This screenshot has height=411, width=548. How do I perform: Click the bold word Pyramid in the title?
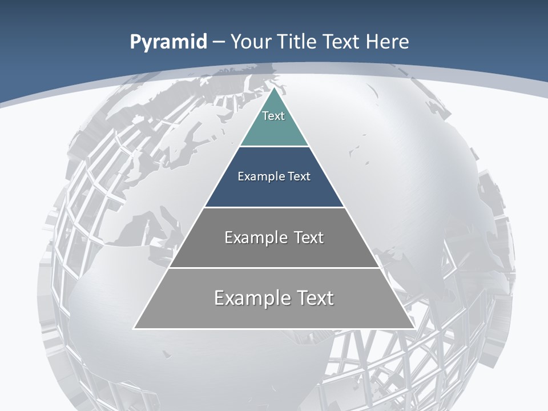click(168, 42)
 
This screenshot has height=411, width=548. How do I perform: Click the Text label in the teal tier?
click(273, 116)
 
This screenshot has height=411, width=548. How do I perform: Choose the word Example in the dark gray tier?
click(252, 237)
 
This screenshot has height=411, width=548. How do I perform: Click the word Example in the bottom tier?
click(247, 298)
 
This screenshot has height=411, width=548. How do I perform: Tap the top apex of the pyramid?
click(274, 88)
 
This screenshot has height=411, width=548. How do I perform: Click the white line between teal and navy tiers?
click(274, 146)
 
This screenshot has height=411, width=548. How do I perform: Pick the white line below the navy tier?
click(274, 207)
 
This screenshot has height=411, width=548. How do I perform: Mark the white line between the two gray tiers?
click(274, 268)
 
